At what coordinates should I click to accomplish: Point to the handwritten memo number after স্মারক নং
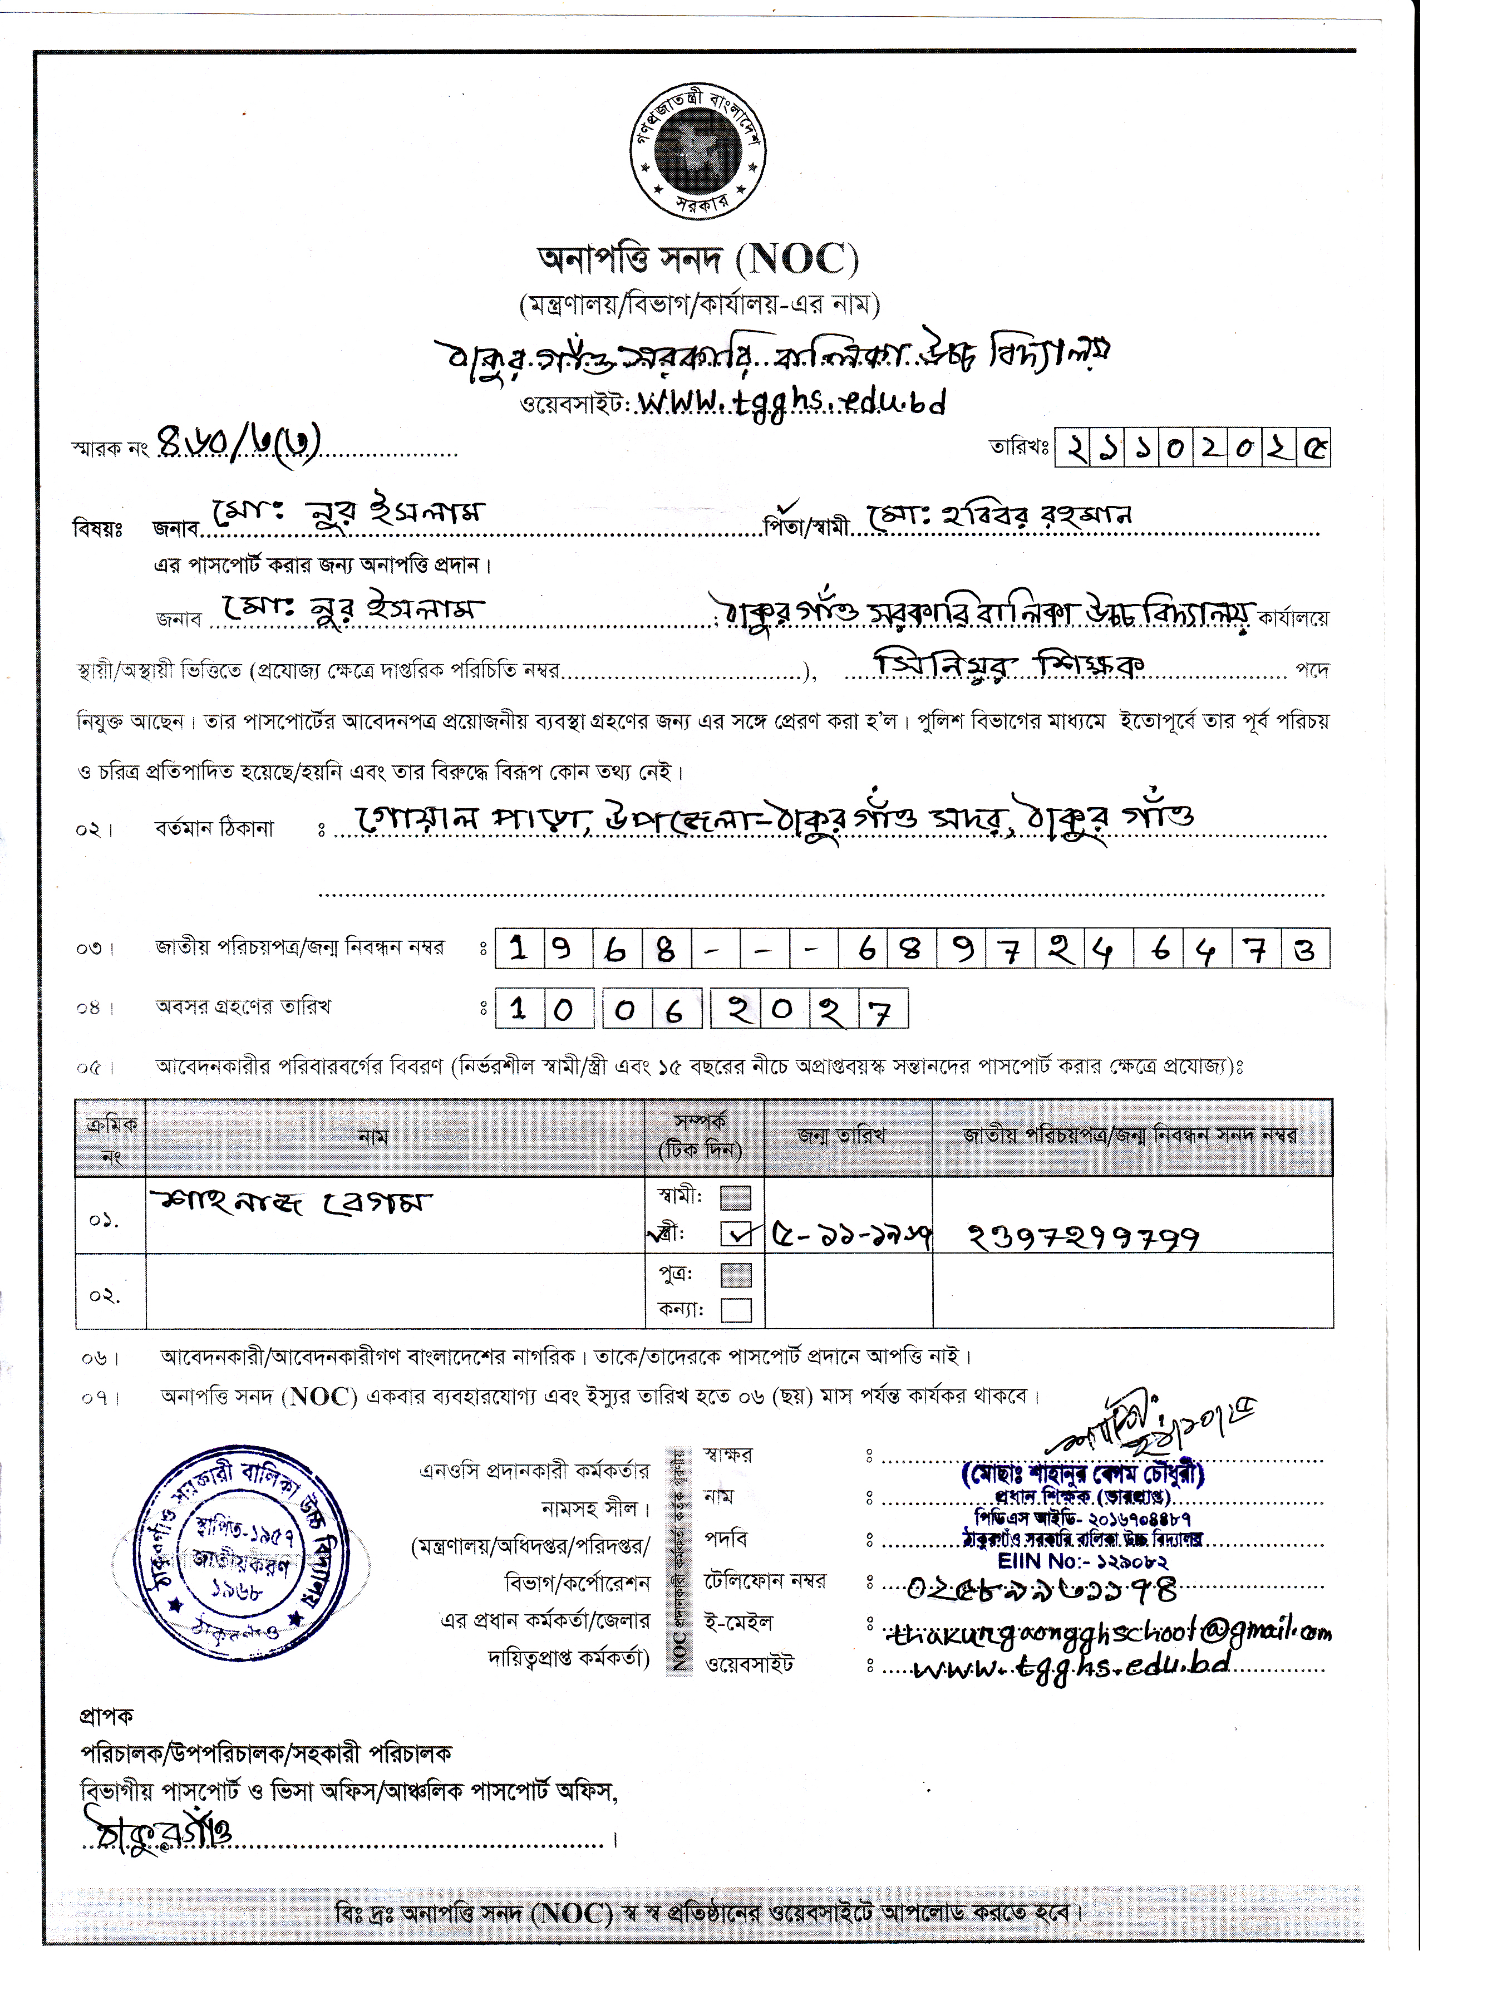pyautogui.click(x=239, y=443)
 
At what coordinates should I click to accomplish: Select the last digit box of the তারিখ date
pyautogui.click(x=1314, y=448)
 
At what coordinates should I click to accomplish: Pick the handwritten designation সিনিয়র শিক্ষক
pyautogui.click(x=1009, y=665)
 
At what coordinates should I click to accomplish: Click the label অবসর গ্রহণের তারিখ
pyautogui.click(x=243, y=1006)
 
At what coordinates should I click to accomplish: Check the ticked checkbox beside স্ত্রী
pyautogui.click(x=735, y=1234)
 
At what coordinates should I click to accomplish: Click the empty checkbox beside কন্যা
pyautogui.click(x=735, y=1310)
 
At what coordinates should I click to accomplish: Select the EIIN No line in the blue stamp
pyautogui.click(x=1082, y=1560)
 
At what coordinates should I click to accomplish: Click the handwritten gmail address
pyautogui.click(x=1107, y=1632)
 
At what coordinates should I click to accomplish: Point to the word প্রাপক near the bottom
pyautogui.click(x=106, y=1716)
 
